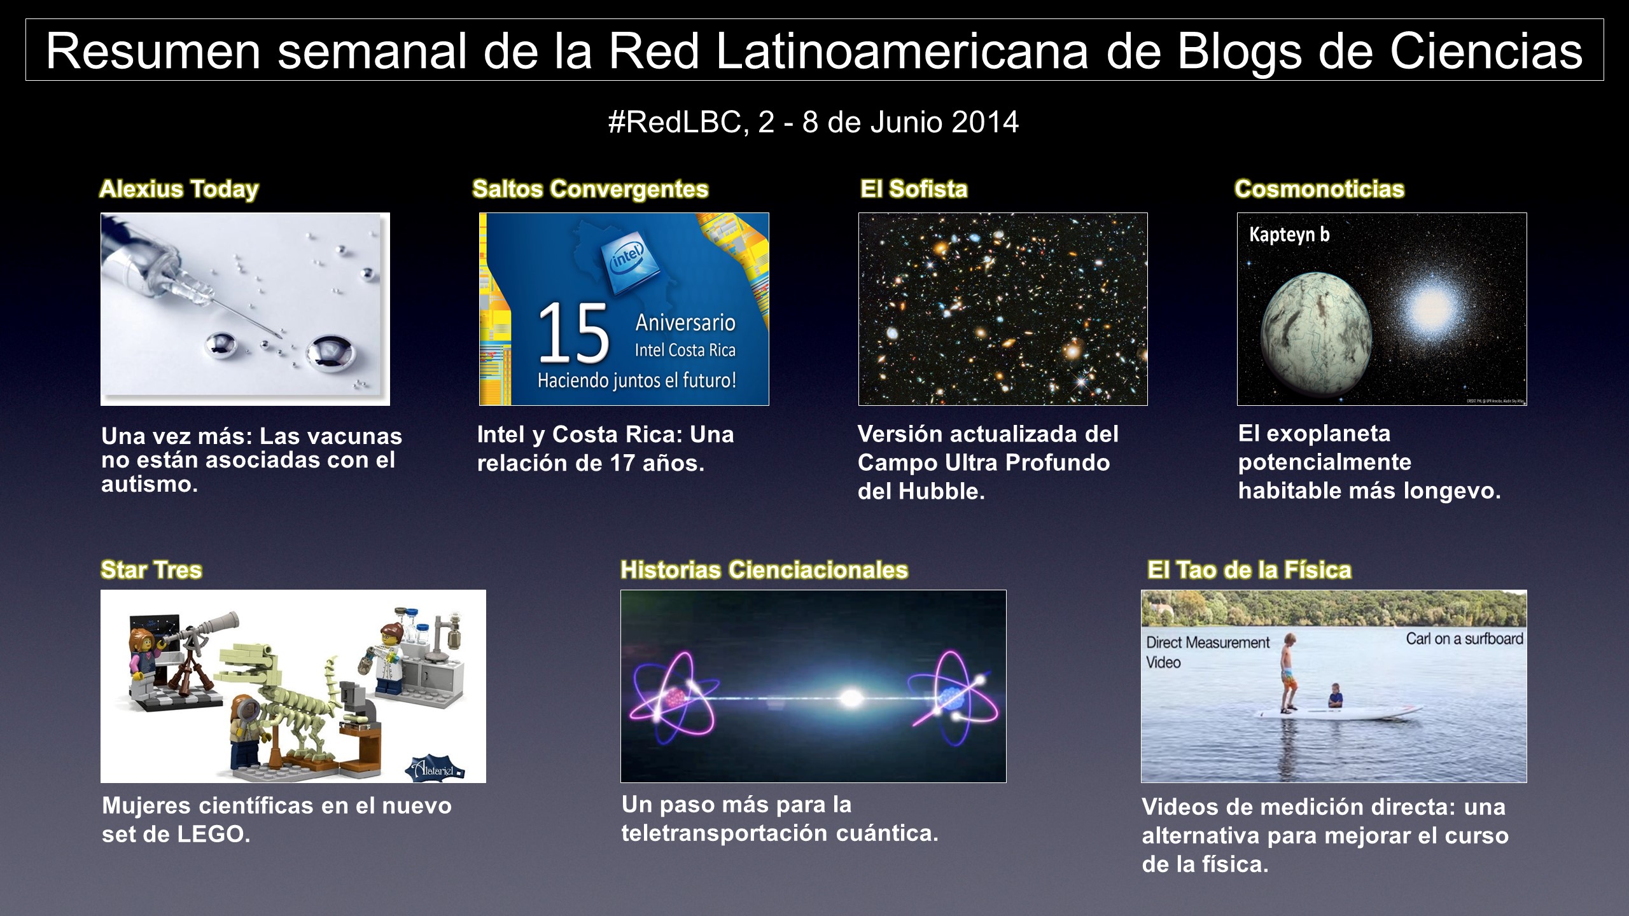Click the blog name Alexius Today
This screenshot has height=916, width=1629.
tap(179, 189)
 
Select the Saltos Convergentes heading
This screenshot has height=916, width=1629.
tap(591, 189)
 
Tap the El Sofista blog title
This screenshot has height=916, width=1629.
tap(914, 189)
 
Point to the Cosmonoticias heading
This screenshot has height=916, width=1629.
tap(1319, 189)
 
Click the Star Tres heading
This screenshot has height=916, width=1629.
tap(151, 569)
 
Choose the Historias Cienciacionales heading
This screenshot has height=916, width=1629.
tap(764, 569)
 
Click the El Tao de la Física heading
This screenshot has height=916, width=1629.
tap(1249, 569)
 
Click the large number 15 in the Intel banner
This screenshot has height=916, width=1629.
tap(573, 333)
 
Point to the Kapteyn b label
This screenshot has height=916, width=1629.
tap(1289, 235)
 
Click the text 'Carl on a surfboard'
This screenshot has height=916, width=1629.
tap(1464, 639)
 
